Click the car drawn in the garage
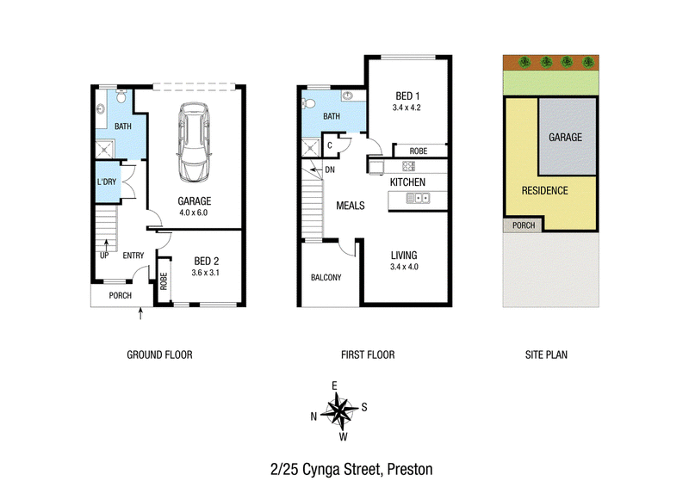coord(194,142)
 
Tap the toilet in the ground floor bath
coord(121,96)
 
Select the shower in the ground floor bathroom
coord(104,150)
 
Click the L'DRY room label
coord(106,182)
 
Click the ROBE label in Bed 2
coord(164,281)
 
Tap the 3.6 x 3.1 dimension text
coord(205,273)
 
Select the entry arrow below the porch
coord(140,313)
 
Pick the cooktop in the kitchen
coord(408,166)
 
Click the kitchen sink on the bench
coord(418,198)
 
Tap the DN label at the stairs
coord(330,170)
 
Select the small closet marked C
coord(330,145)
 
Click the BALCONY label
coord(326,278)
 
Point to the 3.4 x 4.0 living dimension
coord(404,267)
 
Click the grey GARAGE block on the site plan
coord(568,137)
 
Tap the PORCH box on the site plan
coord(523,225)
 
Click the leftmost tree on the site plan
coord(525,62)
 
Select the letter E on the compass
coord(334,386)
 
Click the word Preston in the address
coord(410,470)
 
